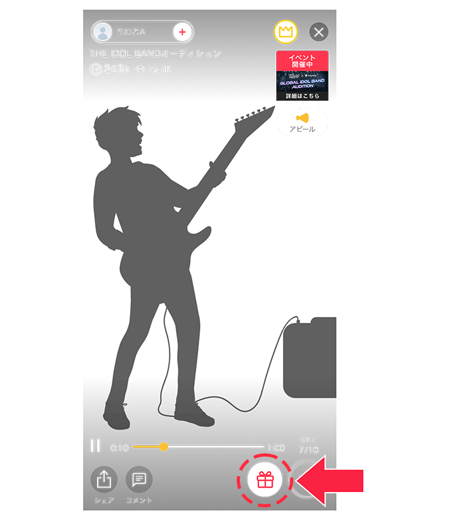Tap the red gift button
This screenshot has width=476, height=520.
(265, 480)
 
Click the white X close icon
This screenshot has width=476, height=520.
(319, 32)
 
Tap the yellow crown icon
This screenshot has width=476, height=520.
(285, 32)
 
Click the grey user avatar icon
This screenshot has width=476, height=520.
(103, 31)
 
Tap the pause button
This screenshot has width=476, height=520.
(95, 446)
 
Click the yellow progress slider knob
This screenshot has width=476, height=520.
(164, 446)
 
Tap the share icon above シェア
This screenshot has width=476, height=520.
(103, 480)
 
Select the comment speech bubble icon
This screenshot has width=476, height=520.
(139, 480)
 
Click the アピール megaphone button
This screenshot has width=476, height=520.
(302, 122)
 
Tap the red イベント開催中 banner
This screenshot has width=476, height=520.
(302, 61)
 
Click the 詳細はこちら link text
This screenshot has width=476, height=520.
(302, 96)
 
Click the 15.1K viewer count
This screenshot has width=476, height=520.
(159, 68)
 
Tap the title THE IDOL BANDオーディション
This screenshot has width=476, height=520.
(155, 53)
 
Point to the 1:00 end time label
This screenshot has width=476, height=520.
(275, 447)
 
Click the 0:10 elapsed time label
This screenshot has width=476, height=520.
(119, 447)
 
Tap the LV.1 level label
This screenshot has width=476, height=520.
(308, 439)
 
